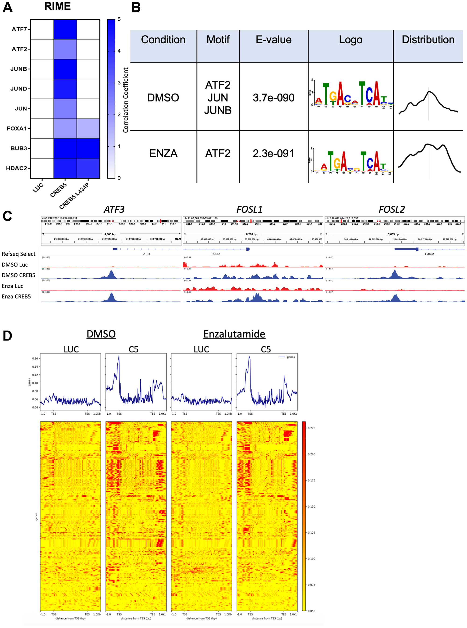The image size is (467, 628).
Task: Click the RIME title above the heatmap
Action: point(57,6)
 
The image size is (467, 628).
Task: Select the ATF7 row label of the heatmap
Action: point(19,29)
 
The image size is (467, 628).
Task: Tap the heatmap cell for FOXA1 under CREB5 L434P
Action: point(88,129)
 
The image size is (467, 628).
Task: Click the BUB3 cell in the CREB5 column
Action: point(65,148)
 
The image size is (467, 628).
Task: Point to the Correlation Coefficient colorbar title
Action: point(126,100)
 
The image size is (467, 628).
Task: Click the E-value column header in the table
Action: point(273,39)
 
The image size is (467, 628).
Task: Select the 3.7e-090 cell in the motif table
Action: point(273,98)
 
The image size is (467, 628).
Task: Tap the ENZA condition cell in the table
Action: point(163,153)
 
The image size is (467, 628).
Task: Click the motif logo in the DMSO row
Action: point(350,95)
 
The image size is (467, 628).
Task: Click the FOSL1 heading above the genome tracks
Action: point(249,209)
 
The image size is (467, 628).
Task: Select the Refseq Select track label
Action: point(18,254)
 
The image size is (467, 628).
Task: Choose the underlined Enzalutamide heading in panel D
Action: point(234,334)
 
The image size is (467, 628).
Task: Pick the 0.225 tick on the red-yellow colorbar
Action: point(311,428)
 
